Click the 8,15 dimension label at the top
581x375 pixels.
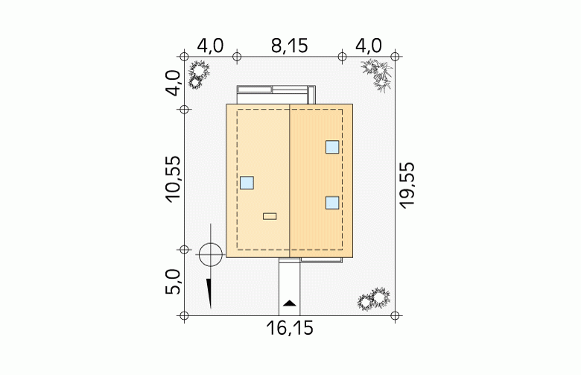[x=290, y=46]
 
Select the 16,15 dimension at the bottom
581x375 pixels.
[x=290, y=328]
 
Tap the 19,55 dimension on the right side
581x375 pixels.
[x=407, y=186]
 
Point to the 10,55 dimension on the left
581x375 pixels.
[x=173, y=179]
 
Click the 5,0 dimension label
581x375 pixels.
[x=173, y=282]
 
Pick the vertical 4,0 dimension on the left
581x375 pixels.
[x=173, y=83]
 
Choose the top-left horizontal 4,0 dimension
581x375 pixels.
[x=210, y=46]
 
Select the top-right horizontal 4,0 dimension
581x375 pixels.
[x=368, y=46]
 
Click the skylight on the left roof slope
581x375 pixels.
[x=247, y=183]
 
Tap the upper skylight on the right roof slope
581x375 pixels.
[x=332, y=147]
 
